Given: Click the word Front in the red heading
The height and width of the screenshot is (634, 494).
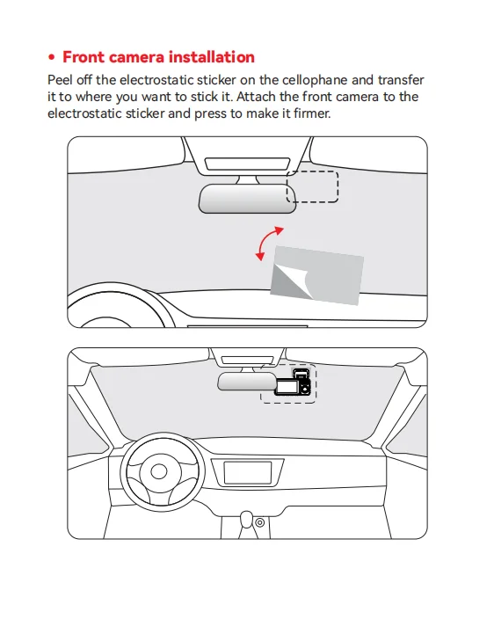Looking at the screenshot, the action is point(84,57).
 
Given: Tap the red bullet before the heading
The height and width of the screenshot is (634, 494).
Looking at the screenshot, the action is point(51,57).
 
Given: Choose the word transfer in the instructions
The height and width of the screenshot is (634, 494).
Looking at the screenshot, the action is point(401,80).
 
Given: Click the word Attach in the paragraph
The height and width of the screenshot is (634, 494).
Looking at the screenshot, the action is point(257,97).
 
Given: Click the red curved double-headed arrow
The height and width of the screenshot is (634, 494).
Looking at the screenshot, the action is point(265,241).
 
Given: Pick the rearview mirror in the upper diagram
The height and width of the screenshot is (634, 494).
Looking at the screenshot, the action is point(247,199).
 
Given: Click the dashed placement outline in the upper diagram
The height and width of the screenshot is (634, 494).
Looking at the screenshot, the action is point(313,171).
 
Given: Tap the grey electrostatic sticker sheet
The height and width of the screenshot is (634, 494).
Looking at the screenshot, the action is point(317,275).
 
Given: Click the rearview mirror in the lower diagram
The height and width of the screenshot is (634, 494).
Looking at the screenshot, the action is point(247,382).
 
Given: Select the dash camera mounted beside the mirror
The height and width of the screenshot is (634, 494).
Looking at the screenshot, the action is point(293,383).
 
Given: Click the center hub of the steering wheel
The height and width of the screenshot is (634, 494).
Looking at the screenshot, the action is point(159,471).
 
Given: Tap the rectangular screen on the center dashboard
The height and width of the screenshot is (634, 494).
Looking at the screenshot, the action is point(247,473).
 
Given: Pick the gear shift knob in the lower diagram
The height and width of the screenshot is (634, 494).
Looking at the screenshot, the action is point(247,520).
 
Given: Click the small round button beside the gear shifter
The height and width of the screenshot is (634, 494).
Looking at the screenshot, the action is point(260,522).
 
